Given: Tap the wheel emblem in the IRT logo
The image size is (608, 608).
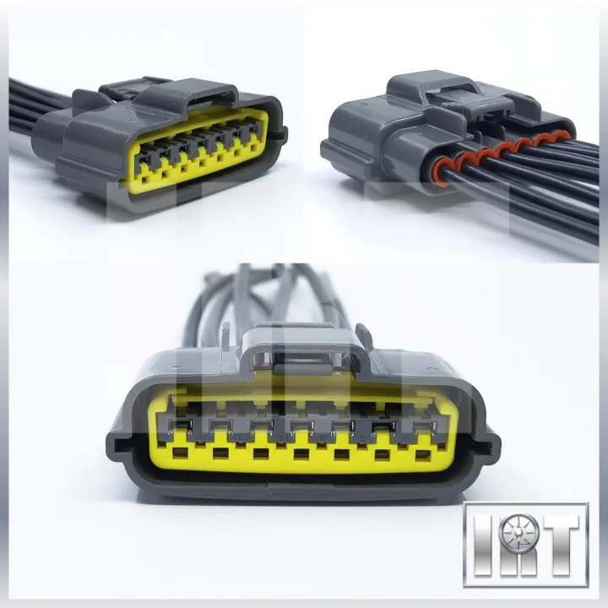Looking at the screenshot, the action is click(518, 532).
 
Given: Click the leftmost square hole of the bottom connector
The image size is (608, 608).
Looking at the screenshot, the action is click(179, 453).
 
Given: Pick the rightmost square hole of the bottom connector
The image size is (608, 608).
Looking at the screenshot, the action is click(422, 455).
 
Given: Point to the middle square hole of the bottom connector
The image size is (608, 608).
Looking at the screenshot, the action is click(300, 453).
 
